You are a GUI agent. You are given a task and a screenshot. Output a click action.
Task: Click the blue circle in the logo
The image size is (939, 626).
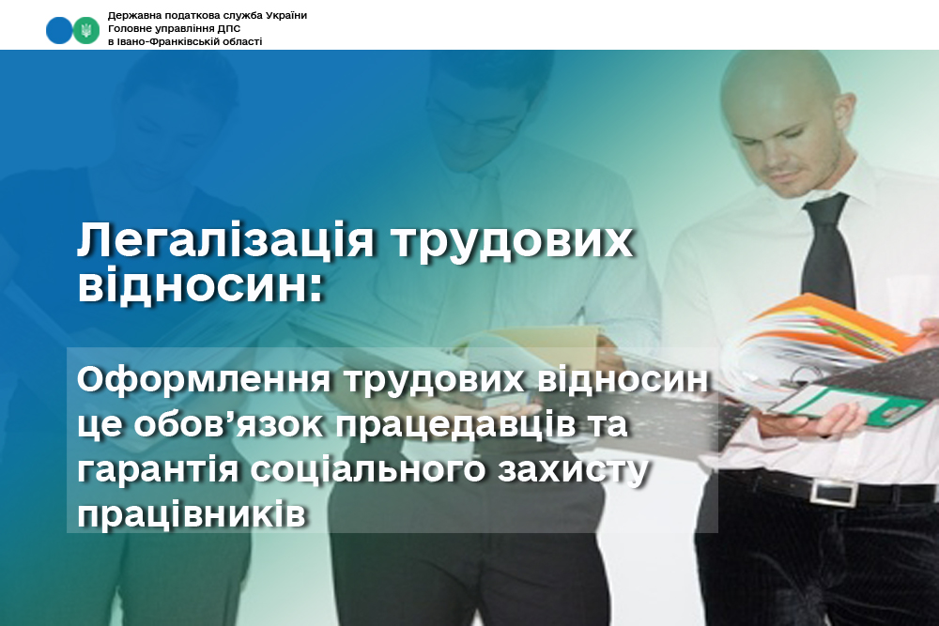(59, 30)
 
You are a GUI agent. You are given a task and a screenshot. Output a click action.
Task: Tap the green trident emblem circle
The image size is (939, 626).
(86, 30)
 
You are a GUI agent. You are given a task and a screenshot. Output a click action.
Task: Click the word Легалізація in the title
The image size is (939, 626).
(225, 241)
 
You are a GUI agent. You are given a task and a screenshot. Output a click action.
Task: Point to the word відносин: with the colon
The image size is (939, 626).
(201, 285)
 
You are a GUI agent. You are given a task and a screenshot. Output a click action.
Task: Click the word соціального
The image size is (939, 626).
(368, 470)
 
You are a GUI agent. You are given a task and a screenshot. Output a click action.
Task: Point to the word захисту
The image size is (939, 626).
(574, 471)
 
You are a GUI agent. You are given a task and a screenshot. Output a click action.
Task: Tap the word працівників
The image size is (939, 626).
(192, 514)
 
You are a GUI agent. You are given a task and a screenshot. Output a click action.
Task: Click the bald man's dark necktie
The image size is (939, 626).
(829, 252)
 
